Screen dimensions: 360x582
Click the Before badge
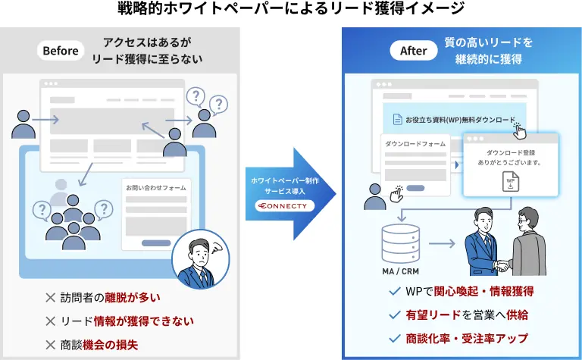61,51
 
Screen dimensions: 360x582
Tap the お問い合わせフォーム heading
156,187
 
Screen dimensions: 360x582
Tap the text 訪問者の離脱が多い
110,297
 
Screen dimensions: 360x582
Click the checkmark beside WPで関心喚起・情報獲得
393,290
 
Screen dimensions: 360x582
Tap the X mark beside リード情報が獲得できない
50,321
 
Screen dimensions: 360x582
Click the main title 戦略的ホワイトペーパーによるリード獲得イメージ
291,9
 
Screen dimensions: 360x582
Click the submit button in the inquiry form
156,243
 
